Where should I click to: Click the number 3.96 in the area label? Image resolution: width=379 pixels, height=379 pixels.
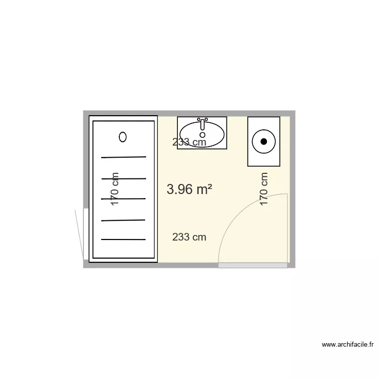click(179, 189)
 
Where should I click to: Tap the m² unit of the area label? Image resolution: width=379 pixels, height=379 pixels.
click(204, 189)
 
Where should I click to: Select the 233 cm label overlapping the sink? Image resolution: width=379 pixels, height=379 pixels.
click(189, 143)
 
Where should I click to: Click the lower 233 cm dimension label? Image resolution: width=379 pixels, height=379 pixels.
click(189, 237)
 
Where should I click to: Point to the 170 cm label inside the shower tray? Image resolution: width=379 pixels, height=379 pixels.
click(115, 189)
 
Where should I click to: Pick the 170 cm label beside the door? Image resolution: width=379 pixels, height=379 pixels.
click(263, 189)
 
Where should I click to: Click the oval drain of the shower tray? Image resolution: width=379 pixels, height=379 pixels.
click(123, 136)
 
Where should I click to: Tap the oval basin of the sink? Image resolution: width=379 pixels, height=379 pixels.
click(202, 134)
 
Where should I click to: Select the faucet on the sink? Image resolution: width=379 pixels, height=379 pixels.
click(203, 123)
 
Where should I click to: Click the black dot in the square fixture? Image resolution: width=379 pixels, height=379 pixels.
click(263, 141)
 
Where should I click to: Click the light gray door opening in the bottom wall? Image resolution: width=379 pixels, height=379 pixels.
click(253, 265)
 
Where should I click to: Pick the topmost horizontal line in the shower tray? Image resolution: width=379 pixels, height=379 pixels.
click(124, 157)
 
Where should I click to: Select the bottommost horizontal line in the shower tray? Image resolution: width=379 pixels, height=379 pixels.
click(124, 239)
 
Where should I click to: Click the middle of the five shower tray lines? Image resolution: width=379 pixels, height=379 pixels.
click(124, 199)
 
